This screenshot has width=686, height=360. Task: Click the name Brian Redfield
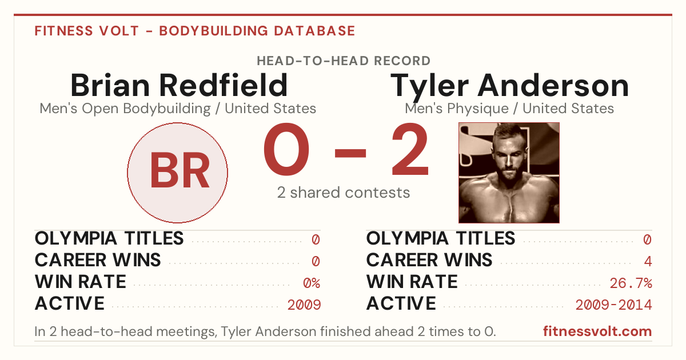179,85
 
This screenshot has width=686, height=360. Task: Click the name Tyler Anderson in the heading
509,87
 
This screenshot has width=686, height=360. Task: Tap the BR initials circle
178,173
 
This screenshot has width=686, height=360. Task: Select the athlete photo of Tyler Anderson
509,173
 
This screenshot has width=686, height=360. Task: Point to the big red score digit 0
286,149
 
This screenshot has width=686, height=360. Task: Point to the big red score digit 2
410,149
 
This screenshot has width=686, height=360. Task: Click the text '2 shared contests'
344,193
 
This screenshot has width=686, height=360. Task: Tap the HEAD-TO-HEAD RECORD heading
344,61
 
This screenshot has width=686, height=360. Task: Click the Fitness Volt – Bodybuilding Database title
195,31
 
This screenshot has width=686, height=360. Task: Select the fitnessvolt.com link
597,331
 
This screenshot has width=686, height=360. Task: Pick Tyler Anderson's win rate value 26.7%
631,283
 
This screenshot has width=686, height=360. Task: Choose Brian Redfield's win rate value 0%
312,283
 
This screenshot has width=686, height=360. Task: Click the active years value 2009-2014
614,305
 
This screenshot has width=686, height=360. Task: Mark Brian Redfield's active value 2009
304,305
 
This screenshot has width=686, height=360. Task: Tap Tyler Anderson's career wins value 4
648,262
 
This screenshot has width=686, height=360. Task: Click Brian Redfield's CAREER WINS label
98,260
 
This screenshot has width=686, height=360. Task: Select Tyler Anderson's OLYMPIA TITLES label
441,238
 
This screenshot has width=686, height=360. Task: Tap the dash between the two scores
350,153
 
